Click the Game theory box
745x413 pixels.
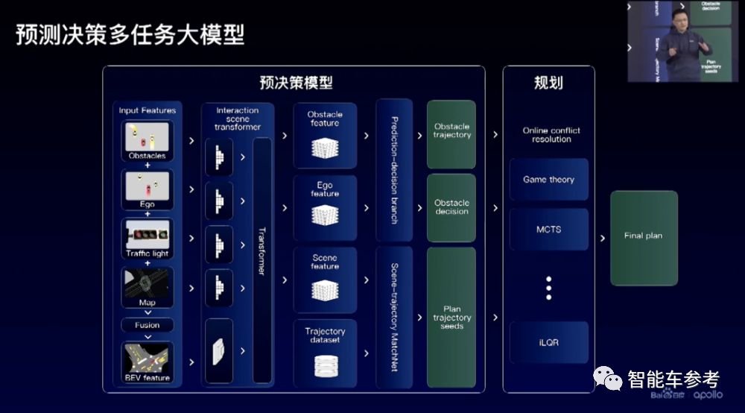coord(548,180)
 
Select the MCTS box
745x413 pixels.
coord(548,230)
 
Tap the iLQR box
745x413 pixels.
coord(548,342)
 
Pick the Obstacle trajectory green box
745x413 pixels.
coord(451,133)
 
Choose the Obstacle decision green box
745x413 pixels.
coord(451,207)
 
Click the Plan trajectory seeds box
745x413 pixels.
coord(451,317)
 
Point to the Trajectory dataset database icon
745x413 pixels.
coord(325,365)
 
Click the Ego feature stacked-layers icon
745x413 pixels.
coord(325,215)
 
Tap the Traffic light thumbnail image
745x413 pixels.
coord(147,235)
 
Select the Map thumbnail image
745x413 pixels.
coord(147,283)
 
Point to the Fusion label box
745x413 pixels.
coord(147,325)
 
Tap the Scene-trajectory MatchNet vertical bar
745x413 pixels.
coord(395,317)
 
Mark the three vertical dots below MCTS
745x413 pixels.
coord(548,287)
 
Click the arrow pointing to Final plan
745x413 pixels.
coord(602,239)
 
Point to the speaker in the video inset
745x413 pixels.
coord(682,45)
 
